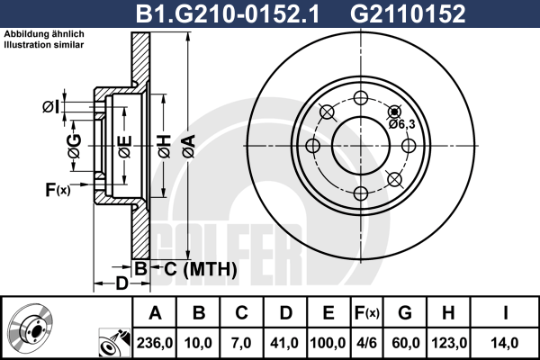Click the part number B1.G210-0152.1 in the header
tap(228, 14)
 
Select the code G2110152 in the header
tap(408, 14)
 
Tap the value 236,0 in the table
tap(155, 343)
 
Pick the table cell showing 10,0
tap(198, 343)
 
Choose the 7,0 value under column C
tap(241, 343)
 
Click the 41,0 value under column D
tap(284, 343)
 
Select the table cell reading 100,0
tap(328, 343)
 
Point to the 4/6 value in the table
tap(367, 343)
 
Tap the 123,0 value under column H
tap(449, 343)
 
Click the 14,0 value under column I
tap(505, 343)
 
